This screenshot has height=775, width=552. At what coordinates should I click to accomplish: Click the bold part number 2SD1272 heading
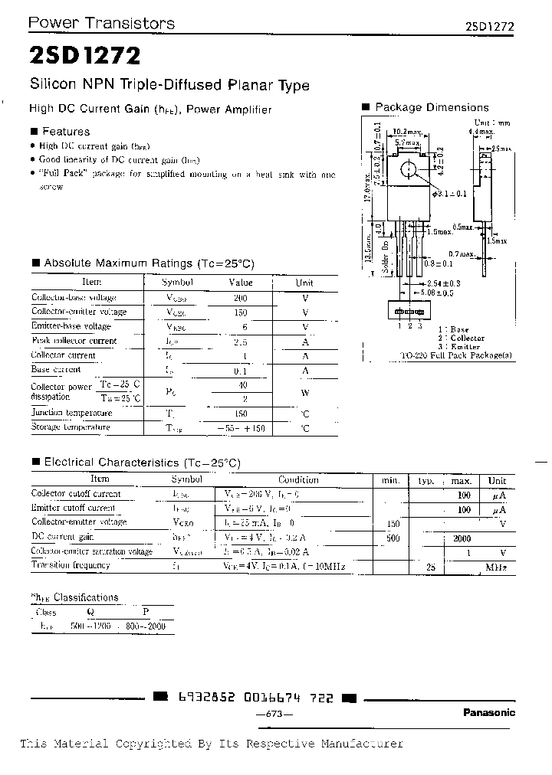tap(84, 55)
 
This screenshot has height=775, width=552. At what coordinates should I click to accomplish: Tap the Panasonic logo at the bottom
tap(489, 712)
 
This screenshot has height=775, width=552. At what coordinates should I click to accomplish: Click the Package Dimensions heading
tap(432, 108)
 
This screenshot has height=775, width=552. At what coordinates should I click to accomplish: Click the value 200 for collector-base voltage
tap(240, 297)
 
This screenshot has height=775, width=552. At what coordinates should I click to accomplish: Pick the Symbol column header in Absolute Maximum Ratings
tap(181, 283)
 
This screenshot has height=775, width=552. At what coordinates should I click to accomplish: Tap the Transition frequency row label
tap(71, 565)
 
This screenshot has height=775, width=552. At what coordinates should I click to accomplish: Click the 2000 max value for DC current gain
tap(461, 538)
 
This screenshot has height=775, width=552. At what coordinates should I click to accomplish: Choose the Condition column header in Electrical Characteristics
tap(298, 479)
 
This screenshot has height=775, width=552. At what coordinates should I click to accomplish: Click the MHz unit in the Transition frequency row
tap(498, 567)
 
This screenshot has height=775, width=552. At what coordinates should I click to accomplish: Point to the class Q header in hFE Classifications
tap(91, 612)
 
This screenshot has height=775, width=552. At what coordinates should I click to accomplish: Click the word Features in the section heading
tap(65, 132)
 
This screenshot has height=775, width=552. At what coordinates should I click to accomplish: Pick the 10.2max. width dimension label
tap(406, 132)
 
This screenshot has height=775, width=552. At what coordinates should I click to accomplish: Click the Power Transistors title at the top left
tap(101, 23)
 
